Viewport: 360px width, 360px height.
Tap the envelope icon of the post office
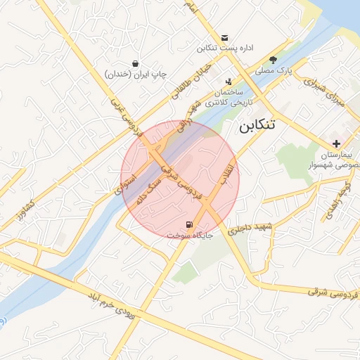[224, 37]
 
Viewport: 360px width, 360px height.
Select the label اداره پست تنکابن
[224, 48]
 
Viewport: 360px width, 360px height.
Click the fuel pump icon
[189, 225]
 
